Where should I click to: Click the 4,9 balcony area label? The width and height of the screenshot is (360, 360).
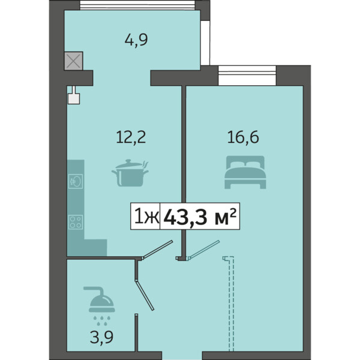[136, 40]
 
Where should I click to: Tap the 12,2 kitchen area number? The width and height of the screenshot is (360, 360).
[131, 137]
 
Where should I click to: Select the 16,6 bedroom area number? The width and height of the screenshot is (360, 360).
[243, 137]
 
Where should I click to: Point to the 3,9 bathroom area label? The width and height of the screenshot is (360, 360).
[102, 338]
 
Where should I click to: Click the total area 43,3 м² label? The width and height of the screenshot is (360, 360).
[200, 216]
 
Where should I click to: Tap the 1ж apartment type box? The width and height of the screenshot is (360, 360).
[145, 216]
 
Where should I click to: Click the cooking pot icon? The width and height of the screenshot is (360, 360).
[130, 173]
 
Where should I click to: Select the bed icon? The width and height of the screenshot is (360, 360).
[245, 172]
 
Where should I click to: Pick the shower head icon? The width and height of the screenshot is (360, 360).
[100, 305]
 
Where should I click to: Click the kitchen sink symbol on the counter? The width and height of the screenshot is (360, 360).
[76, 181]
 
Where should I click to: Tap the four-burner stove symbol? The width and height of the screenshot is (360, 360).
[76, 222]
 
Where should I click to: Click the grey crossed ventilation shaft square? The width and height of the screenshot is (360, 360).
[73, 61]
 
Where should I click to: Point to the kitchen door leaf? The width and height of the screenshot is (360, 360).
[157, 250]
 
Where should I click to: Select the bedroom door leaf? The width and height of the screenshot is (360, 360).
[204, 250]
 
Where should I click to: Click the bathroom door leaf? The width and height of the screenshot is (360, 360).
[145, 295]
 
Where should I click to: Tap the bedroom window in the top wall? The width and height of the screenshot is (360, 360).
[247, 76]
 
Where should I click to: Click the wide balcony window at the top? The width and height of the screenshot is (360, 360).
[137, 5]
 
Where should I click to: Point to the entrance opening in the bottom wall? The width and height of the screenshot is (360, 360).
[182, 356]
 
